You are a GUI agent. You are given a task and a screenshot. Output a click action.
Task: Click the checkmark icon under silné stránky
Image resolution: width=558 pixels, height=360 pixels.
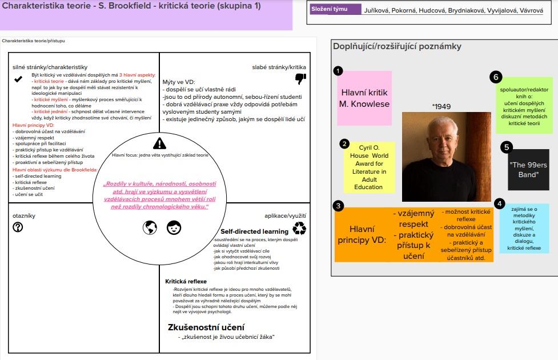(18, 79)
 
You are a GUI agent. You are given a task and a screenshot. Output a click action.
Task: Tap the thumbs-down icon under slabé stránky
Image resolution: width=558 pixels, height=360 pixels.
(300, 78)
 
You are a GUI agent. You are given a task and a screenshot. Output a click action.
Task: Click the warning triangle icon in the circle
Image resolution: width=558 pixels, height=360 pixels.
(160, 143)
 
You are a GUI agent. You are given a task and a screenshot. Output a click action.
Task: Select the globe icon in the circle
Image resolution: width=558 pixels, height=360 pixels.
(150, 227)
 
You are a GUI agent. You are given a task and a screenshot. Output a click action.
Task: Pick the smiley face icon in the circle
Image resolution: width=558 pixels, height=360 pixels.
(174, 227)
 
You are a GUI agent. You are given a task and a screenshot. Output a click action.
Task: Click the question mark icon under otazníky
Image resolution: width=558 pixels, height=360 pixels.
(18, 227)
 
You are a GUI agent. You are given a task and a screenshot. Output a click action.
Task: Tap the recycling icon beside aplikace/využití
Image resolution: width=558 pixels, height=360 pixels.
(299, 228)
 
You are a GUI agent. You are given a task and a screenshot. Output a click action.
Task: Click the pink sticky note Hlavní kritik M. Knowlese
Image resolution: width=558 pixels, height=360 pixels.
(364, 98)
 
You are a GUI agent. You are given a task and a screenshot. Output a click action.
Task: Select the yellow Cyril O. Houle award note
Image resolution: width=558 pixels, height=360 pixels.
(368, 167)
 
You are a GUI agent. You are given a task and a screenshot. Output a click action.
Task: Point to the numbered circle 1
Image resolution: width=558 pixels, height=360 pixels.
(338, 71)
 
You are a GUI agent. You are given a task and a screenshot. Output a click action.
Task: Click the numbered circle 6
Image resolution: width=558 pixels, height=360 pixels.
(496, 77)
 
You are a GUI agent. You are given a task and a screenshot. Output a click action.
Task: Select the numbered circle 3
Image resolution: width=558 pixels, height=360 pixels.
(339, 205)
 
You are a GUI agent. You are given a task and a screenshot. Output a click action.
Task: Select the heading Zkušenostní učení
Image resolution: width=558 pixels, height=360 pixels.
(206, 327)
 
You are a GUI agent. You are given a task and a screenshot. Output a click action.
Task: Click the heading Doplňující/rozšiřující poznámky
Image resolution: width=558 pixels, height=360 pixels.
(397, 46)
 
